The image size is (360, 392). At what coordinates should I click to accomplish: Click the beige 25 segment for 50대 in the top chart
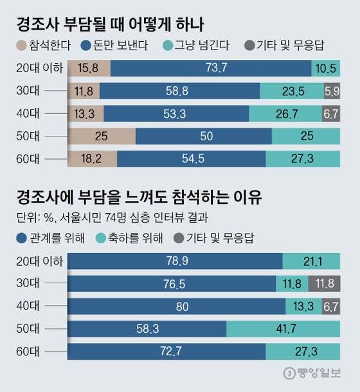coord(102,136)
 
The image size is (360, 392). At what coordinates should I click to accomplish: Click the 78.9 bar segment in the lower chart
coord(175,261)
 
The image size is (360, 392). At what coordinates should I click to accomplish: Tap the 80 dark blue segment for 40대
coord(183,306)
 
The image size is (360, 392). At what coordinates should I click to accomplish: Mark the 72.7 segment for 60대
coord(166,351)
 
